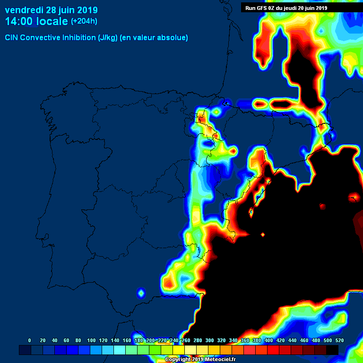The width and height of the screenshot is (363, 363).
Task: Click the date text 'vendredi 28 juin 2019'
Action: [x=51, y=10]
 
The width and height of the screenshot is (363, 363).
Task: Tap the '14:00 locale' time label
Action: [x=36, y=21]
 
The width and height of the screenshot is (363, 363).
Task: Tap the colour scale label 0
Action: [x=30, y=340]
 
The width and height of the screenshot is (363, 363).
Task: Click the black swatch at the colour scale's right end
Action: [x=332, y=350]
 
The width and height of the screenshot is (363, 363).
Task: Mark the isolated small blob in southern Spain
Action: [x=141, y=293]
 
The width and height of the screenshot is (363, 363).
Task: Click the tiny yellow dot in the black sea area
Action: [x=263, y=234]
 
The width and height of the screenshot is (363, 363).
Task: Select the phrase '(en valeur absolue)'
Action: [x=154, y=37]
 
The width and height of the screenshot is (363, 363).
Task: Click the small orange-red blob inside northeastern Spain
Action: [x=233, y=151]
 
